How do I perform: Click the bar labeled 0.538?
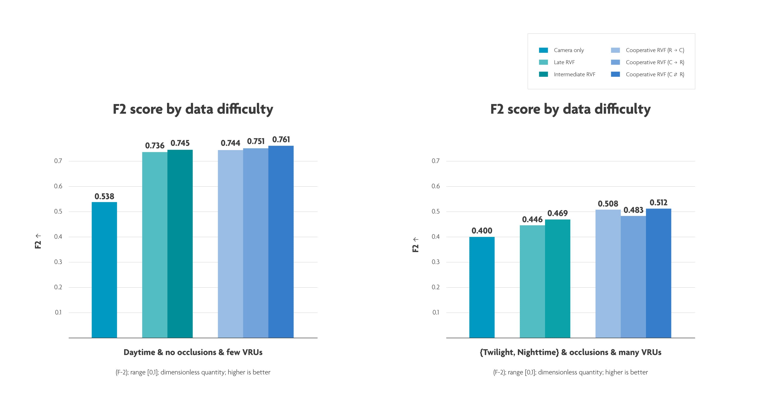(104, 270)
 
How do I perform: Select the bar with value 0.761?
(281, 241)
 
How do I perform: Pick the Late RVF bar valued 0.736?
(155, 245)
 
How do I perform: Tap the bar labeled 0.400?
(482, 287)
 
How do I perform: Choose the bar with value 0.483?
(633, 277)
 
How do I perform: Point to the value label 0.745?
(180, 143)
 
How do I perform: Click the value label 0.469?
(557, 213)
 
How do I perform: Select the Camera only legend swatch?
(543, 50)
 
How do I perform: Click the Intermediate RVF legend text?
(574, 74)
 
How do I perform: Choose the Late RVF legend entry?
(564, 62)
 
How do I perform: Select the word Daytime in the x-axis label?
(139, 352)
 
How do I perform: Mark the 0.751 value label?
(255, 141)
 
